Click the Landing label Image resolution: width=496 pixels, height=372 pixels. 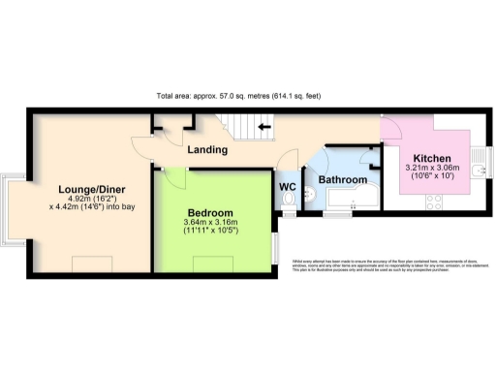[x=207, y=150]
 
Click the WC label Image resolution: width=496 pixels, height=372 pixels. [x=288, y=186]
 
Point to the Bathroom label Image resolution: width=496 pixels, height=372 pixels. [x=343, y=180]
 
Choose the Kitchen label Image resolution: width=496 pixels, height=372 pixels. [x=431, y=158]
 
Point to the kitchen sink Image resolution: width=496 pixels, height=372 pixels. [x=477, y=171]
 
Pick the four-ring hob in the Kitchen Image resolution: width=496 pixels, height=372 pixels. [x=434, y=203]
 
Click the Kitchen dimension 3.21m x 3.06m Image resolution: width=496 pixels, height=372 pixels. [x=431, y=170]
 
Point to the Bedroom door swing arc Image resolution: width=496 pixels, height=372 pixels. [x=175, y=174]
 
